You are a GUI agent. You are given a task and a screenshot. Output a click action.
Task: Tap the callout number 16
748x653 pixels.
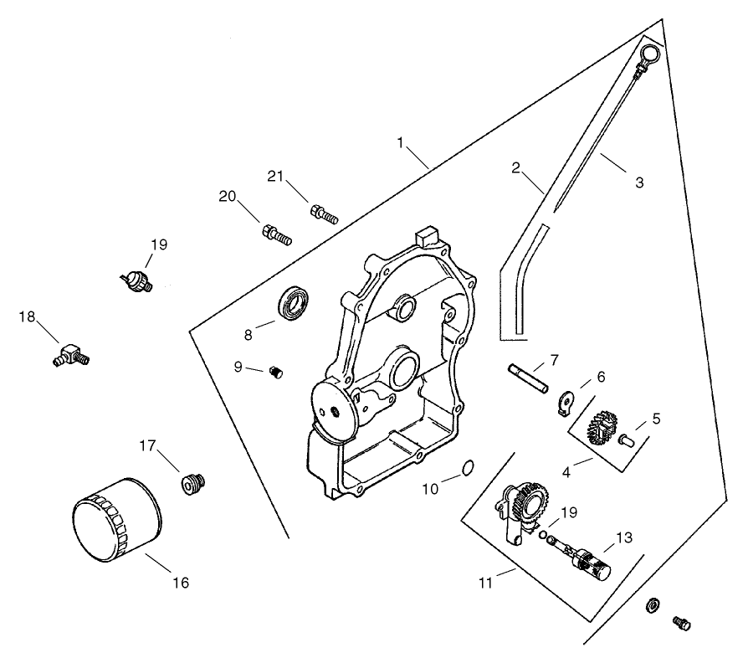[181, 582]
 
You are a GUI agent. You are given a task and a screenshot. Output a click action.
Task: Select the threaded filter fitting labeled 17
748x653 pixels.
[193, 483]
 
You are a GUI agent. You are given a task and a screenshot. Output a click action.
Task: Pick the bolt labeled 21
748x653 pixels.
[324, 214]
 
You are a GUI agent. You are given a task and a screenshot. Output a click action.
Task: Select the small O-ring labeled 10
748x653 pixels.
[469, 465]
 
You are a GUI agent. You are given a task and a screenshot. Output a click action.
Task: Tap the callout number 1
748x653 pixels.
[402, 143]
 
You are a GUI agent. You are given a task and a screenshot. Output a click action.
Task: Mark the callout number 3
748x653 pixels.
[639, 182]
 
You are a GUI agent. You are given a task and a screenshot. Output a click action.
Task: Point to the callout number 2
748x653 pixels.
[516, 167]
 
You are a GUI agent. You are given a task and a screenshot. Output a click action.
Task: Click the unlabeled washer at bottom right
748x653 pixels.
[653, 604]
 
